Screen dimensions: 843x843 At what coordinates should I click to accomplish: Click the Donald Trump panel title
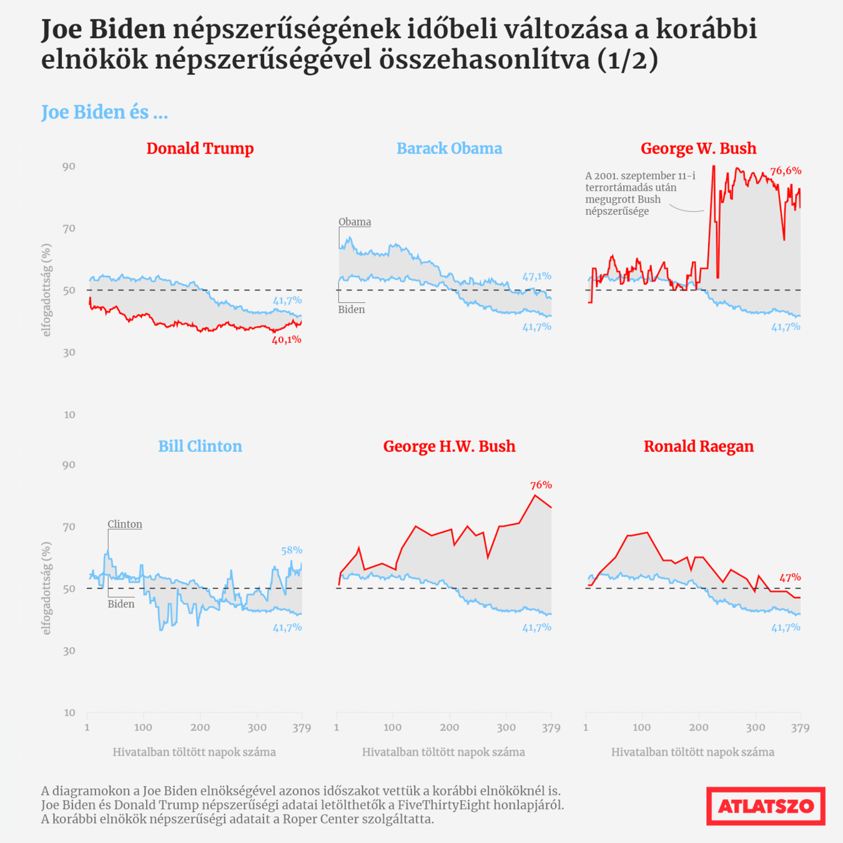[200, 149]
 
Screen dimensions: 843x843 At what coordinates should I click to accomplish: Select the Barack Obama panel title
[449, 149]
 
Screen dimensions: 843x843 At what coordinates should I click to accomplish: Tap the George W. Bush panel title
[698, 149]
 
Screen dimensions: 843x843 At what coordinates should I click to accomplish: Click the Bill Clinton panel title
[200, 446]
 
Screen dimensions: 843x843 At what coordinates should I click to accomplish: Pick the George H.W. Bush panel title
[449, 446]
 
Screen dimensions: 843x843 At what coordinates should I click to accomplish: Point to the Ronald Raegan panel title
[698, 446]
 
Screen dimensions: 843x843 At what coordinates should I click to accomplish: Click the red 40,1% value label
[287, 340]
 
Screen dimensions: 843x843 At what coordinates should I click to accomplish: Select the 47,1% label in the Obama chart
[536, 276]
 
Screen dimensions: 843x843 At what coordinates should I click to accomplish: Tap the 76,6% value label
[786, 170]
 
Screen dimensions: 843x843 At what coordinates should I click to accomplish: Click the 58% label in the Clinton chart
[292, 550]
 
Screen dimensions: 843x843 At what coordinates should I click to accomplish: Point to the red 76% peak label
[541, 485]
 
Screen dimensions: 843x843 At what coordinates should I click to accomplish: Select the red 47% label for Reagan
[790, 578]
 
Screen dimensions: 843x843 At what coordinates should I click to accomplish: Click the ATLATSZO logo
[766, 806]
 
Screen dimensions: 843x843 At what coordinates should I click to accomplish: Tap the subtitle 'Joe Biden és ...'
[104, 112]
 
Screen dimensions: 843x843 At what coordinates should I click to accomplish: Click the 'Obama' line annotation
[355, 222]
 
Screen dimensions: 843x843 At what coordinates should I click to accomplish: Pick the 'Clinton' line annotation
[125, 524]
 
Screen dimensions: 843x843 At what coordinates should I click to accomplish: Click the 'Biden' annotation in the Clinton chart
[121, 604]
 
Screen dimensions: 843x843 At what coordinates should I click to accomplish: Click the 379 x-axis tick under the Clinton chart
[302, 727]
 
